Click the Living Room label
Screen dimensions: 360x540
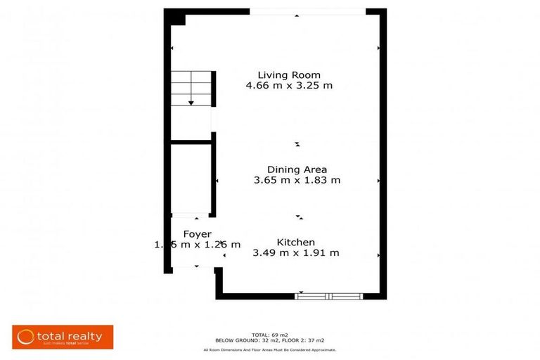(x=288, y=75)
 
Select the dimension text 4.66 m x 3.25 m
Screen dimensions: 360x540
(x=288, y=86)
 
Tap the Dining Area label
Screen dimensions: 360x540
(x=297, y=169)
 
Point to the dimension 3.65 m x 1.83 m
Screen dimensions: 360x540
(x=297, y=180)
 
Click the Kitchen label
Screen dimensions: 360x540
(x=295, y=243)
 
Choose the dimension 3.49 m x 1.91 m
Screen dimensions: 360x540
(x=295, y=253)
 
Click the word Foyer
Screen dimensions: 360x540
(x=198, y=234)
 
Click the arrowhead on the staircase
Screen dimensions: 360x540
(x=191, y=103)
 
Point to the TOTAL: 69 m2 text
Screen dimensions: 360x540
(x=270, y=335)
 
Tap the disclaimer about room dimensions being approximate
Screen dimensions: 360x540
(x=270, y=349)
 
